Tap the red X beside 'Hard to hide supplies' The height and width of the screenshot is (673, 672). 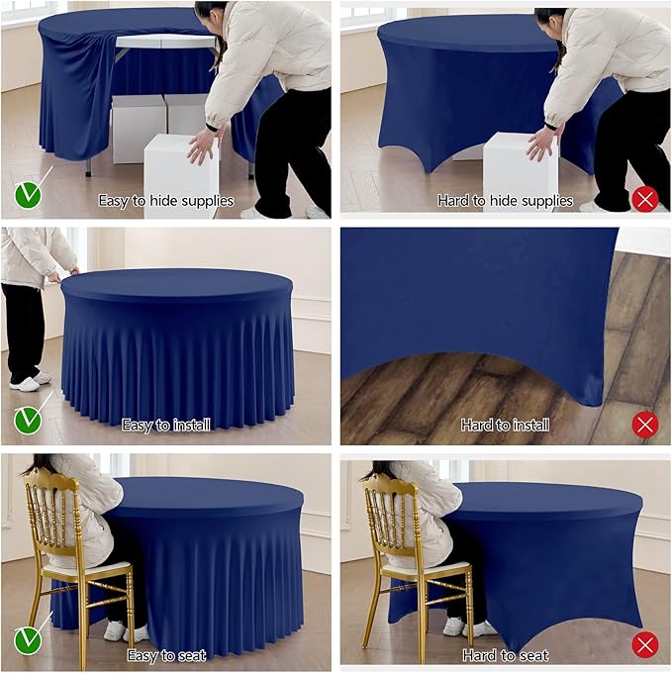tap(645, 200)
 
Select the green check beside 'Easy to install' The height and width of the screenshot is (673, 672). tap(28, 421)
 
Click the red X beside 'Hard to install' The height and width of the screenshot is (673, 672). tap(645, 425)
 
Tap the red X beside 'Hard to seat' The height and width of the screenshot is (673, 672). tap(645, 646)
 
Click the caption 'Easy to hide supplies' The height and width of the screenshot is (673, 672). tap(165, 201)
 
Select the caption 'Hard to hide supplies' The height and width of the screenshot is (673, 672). tap(505, 201)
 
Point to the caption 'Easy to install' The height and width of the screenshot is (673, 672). tap(165, 426)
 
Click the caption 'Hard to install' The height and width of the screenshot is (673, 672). tap(505, 426)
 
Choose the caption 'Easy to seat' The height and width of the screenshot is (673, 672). tap(165, 655)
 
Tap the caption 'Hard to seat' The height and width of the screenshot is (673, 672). tap(505, 655)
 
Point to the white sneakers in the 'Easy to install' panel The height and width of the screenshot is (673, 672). tap(27, 381)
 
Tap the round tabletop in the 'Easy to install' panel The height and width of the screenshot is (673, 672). tap(176, 285)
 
